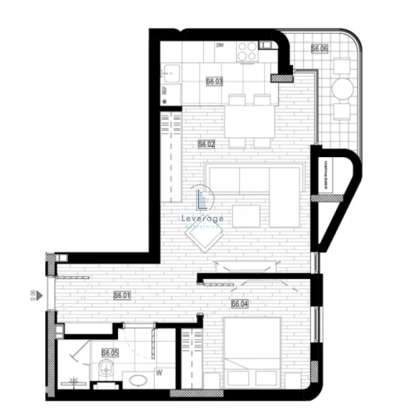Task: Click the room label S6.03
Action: pyautogui.click(x=214, y=82)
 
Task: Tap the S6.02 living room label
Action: pyautogui.click(x=205, y=144)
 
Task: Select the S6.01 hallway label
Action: pyautogui.click(x=121, y=295)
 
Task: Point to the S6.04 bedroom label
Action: pyautogui.click(x=240, y=304)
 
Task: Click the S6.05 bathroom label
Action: pyautogui.click(x=110, y=353)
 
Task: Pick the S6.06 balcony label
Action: pyautogui.click(x=319, y=49)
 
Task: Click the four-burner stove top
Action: pyautogui.click(x=247, y=51)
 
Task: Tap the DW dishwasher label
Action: pyautogui.click(x=220, y=46)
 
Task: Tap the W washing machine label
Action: pyautogui.click(x=159, y=370)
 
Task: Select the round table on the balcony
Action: pyautogui.click(x=342, y=88)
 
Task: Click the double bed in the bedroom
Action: pyautogui.click(x=251, y=353)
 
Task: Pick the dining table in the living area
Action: pyautogui.click(x=249, y=122)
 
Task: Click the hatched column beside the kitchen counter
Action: pyautogui.click(x=277, y=78)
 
